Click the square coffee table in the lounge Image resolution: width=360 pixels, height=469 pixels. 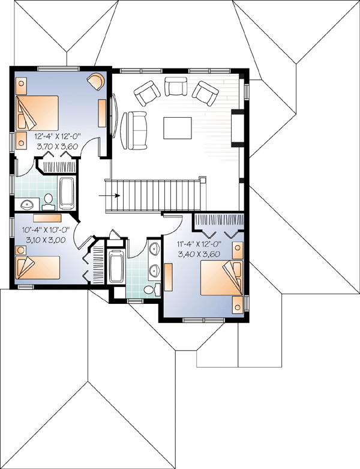pos(178,128)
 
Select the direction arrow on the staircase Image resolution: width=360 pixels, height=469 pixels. pos(109,196)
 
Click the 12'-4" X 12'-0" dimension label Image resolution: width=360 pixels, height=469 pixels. pos(58,137)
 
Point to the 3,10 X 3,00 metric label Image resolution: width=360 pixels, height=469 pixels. pos(46,240)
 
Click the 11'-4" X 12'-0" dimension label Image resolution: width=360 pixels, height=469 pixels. pos(199,244)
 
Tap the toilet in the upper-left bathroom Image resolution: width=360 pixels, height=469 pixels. pos(48,201)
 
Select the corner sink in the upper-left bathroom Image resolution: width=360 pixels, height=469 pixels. pos(27,204)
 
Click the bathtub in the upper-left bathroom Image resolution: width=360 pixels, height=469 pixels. pos(67,193)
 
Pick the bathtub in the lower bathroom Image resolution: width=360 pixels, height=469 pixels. pos(116,266)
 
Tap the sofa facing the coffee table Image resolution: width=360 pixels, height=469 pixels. pos(134,130)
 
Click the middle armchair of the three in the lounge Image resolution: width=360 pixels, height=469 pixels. pos(176,86)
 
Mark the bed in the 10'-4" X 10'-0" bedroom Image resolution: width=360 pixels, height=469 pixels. pos(37,268)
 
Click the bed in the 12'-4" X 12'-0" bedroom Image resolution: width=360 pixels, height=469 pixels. pos(37,113)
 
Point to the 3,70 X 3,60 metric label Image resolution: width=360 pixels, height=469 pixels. pos(58,147)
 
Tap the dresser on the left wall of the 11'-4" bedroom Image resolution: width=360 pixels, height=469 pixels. pos(169,277)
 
